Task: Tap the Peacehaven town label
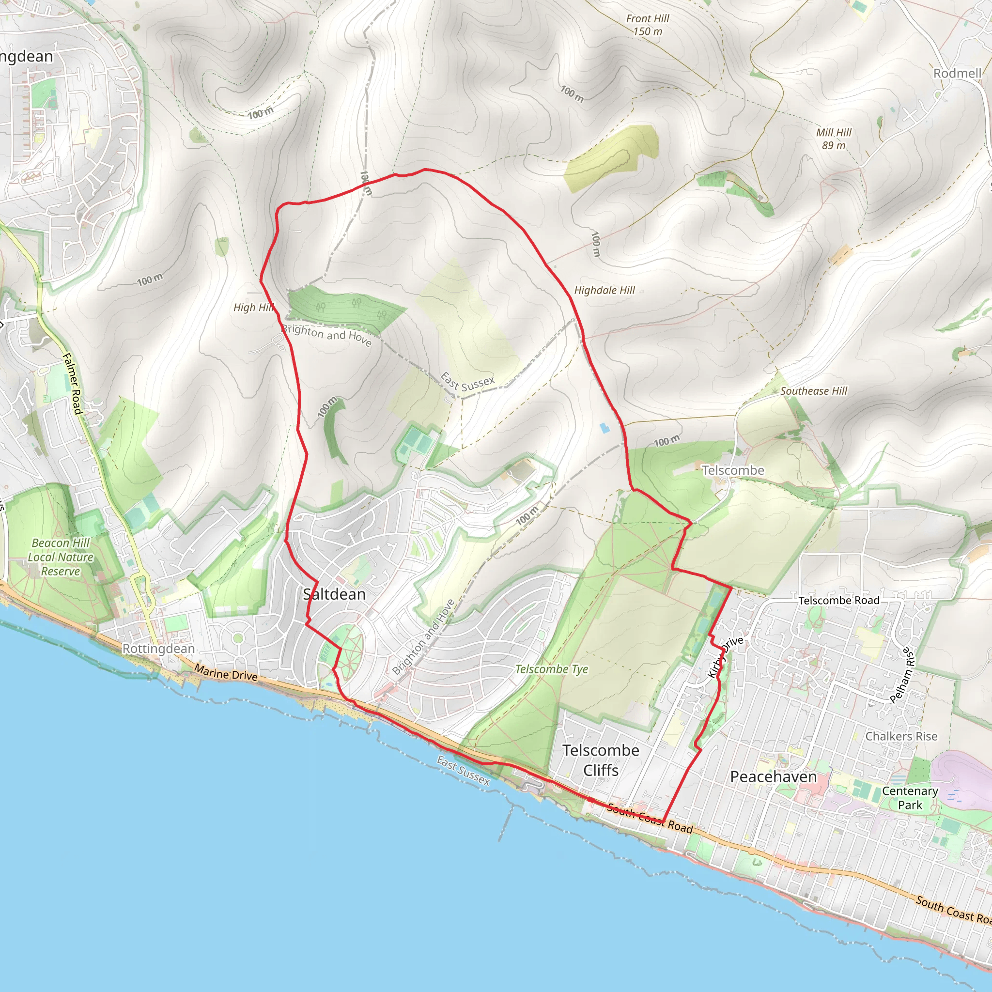pyautogui.click(x=773, y=777)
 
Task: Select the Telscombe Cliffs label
pyautogui.click(x=601, y=760)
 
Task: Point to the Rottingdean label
pyautogui.click(x=159, y=649)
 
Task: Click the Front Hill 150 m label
pyautogui.click(x=648, y=25)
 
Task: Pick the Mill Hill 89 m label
pyautogui.click(x=834, y=139)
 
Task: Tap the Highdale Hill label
pyautogui.click(x=604, y=290)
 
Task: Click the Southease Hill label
pyautogui.click(x=814, y=391)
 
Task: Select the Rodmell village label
pyautogui.click(x=957, y=73)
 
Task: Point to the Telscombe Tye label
pyautogui.click(x=551, y=669)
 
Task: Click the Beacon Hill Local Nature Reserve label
pyautogui.click(x=61, y=557)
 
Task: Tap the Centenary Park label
pyautogui.click(x=910, y=798)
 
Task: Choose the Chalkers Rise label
pyautogui.click(x=901, y=736)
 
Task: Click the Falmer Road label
pyautogui.click(x=72, y=383)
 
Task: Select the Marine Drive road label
pyautogui.click(x=226, y=673)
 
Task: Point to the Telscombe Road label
pyautogui.click(x=838, y=600)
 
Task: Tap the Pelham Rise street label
pyautogui.click(x=902, y=675)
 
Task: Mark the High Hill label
pyautogui.click(x=254, y=307)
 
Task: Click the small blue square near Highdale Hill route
pyautogui.click(x=604, y=428)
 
